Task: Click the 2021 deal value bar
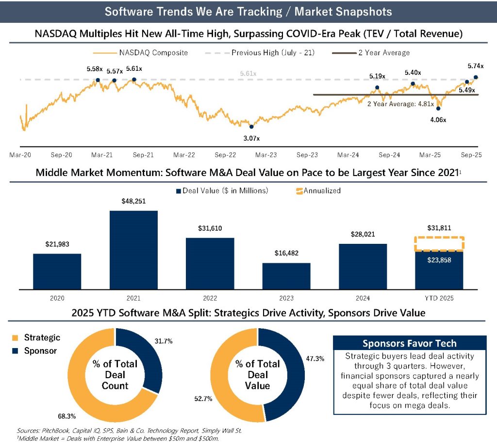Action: click(x=133, y=250)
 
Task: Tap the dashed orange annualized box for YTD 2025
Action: click(x=439, y=243)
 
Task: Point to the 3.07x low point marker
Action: click(x=251, y=127)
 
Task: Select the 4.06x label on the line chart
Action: click(x=438, y=119)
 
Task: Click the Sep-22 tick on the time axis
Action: click(x=225, y=155)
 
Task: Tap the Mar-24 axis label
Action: click(x=348, y=155)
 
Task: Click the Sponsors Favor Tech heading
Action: click(x=409, y=343)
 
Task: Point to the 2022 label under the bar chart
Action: click(x=210, y=299)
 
